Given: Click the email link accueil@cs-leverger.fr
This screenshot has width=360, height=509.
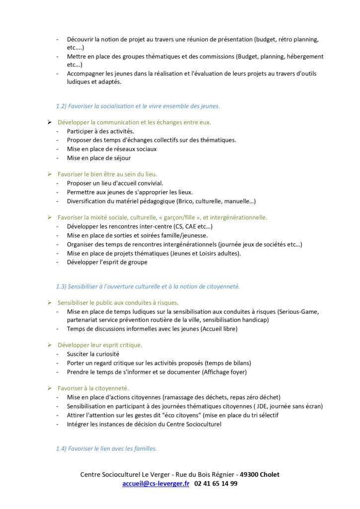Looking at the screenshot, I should pos(156,483).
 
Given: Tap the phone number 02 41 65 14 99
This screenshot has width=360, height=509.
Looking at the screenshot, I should pos(216,483).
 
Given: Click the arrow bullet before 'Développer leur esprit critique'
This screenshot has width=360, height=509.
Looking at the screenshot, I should pos(50,345).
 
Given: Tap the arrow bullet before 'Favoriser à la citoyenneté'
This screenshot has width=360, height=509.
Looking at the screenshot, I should pos(50,388).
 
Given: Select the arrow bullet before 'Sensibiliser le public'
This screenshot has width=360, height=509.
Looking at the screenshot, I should pos(50,302).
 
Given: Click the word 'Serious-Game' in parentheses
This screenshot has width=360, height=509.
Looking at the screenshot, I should pos(299,312).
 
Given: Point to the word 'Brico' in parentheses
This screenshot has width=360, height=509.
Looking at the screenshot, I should pos(186,201).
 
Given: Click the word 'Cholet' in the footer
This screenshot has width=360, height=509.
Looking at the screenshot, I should pos(270,475).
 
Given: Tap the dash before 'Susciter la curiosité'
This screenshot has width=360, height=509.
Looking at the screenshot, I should pos(57,354).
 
